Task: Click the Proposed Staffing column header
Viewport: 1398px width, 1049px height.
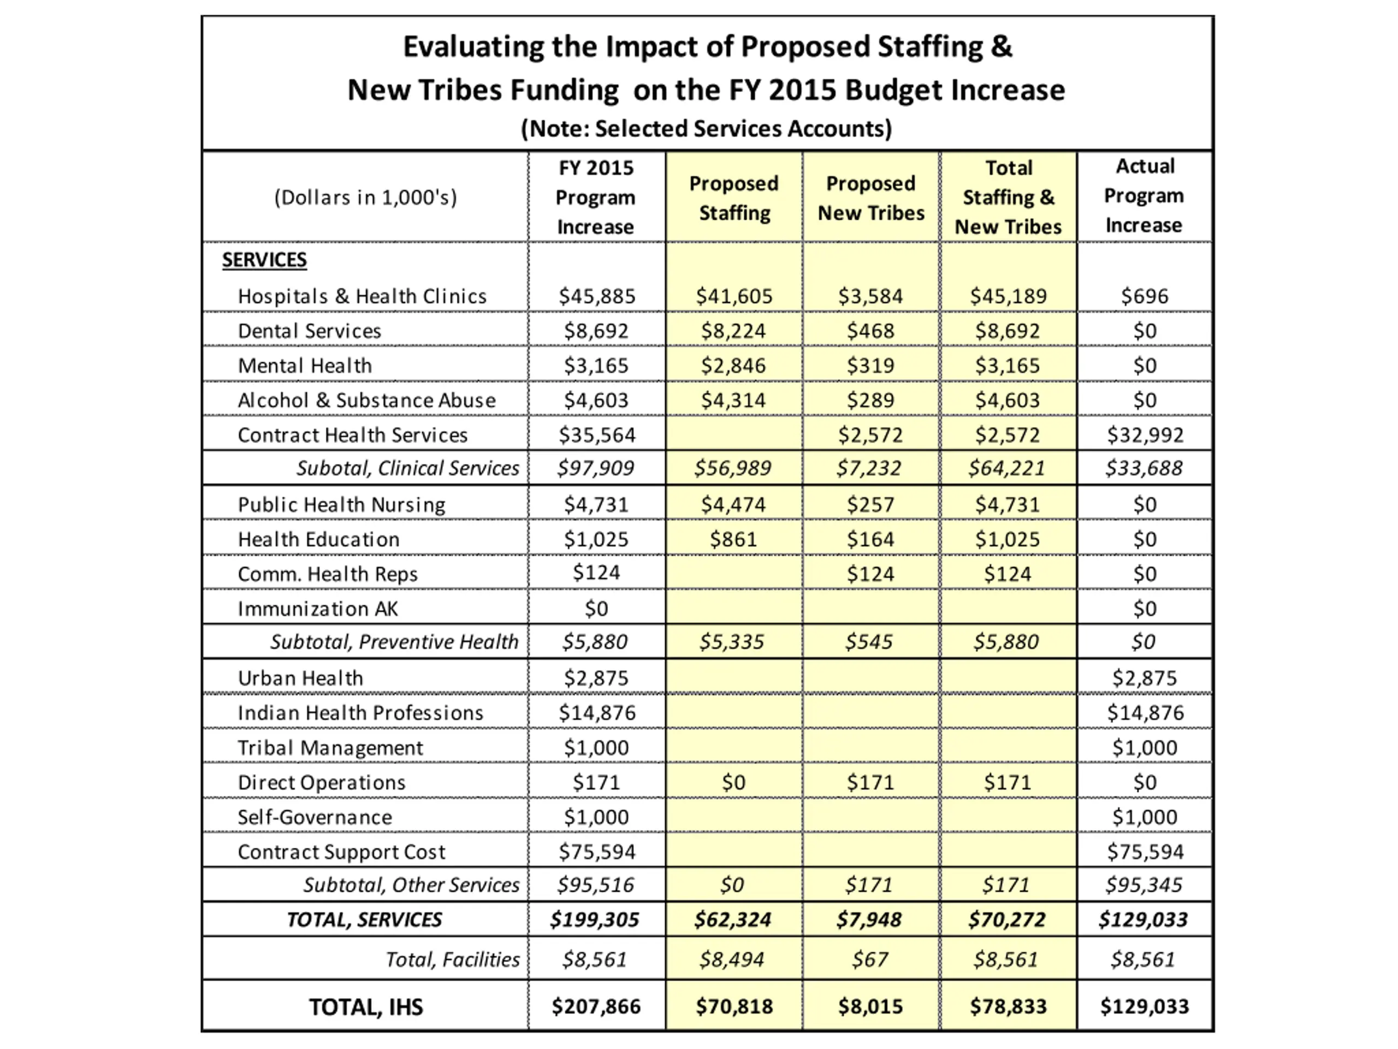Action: tap(734, 198)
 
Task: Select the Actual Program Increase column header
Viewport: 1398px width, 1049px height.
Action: tap(1144, 196)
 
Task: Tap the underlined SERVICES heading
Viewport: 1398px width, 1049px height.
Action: tap(264, 260)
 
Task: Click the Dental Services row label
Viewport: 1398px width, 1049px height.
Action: tap(309, 331)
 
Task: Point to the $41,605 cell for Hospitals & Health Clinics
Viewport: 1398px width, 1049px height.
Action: tap(734, 296)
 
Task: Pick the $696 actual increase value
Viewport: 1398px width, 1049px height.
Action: tap(1144, 296)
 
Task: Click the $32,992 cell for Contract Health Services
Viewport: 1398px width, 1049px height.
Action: tap(1145, 435)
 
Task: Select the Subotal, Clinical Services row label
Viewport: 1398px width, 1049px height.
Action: tap(407, 468)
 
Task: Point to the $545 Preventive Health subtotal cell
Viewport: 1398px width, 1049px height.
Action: tap(869, 642)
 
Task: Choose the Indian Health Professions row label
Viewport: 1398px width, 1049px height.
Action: tap(360, 712)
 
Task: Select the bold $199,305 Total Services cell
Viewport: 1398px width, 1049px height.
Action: tap(595, 920)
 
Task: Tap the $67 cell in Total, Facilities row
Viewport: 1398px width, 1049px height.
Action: tap(869, 959)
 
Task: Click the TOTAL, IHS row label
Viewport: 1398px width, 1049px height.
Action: tap(365, 1006)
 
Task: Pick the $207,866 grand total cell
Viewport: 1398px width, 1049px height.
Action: tap(596, 1006)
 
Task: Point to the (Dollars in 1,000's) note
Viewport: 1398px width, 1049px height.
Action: tap(365, 197)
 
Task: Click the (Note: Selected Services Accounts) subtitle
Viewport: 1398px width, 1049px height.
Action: tap(706, 128)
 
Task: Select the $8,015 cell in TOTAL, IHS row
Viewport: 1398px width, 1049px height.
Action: tap(870, 1006)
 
